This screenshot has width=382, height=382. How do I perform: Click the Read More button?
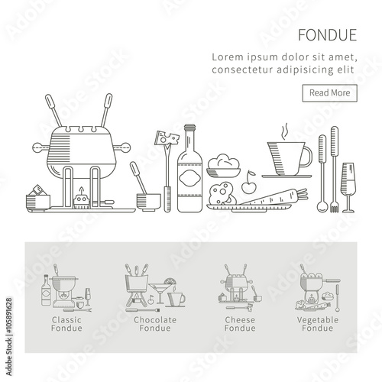(x=330, y=93)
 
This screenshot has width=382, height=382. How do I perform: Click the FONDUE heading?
(x=328, y=35)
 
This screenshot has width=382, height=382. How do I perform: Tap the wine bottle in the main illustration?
(x=190, y=169)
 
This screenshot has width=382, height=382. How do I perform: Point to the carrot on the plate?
(x=274, y=197)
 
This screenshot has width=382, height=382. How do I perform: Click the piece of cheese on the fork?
(x=167, y=138)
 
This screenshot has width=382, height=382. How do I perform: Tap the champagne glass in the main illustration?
(x=348, y=187)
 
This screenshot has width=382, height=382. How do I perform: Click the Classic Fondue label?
(x=66, y=324)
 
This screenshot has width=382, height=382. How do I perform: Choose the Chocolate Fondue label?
(x=155, y=324)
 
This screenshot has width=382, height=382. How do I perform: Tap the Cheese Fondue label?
(x=240, y=324)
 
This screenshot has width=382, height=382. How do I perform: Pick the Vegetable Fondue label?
(x=318, y=324)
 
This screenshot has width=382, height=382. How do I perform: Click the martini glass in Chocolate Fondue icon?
(x=160, y=293)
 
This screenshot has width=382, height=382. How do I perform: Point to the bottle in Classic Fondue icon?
(x=46, y=290)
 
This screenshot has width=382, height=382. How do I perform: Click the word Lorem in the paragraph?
(x=228, y=57)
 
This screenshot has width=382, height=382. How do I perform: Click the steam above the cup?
(x=285, y=131)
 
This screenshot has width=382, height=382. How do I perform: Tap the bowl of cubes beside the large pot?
(x=38, y=198)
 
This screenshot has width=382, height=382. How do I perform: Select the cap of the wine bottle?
(x=190, y=128)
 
